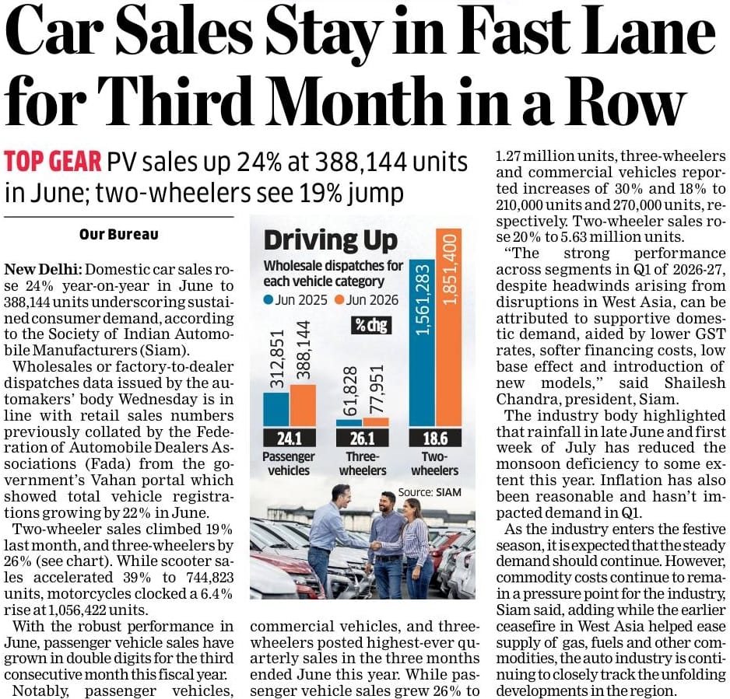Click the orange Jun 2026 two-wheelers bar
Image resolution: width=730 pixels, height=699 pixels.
[x=448, y=327]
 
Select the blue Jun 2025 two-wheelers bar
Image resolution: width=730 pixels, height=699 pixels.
[x=422, y=343]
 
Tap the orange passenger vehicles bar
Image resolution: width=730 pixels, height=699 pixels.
[x=303, y=406]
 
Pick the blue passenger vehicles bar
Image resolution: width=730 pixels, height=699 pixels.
[x=276, y=410]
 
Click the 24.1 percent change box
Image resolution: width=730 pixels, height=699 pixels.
[x=290, y=438]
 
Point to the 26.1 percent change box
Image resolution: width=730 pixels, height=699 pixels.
[x=362, y=438]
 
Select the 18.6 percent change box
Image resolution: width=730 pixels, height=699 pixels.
[x=435, y=438]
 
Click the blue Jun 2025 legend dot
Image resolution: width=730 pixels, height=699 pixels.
[x=268, y=300]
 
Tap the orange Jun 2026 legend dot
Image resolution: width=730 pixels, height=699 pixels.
[x=339, y=300]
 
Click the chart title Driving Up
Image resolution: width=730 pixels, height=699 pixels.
[x=331, y=240]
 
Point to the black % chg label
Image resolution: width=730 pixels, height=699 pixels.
[x=371, y=325]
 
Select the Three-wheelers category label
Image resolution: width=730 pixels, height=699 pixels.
[x=363, y=463]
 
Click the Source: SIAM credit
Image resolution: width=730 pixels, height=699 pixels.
[x=430, y=492]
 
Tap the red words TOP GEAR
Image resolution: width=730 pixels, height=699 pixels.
[x=53, y=162]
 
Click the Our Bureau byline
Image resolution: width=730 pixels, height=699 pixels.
[x=119, y=234]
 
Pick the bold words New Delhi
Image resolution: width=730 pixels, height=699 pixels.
[x=44, y=269]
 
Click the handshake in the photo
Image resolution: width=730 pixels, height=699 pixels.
[x=375, y=544]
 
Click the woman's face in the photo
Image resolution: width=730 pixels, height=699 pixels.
[x=409, y=509]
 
